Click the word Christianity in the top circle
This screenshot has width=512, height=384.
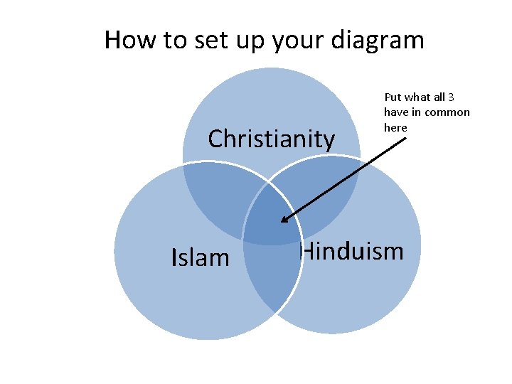pyautogui.click(x=271, y=139)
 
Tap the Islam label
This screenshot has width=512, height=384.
pyautogui.click(x=201, y=257)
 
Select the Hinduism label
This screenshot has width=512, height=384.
pyautogui.click(x=352, y=251)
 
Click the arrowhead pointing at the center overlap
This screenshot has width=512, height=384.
pyautogui.click(x=285, y=218)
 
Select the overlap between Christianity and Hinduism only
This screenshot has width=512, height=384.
pyautogui.click(x=327, y=192)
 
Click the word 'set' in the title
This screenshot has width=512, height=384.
pyautogui.click(x=208, y=40)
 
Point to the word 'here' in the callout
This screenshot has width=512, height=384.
pyautogui.click(x=395, y=128)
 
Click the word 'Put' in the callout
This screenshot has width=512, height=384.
pyautogui.click(x=393, y=97)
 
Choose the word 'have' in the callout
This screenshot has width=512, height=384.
pyautogui.click(x=396, y=112)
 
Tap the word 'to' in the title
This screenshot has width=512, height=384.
pyautogui.click(x=174, y=40)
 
